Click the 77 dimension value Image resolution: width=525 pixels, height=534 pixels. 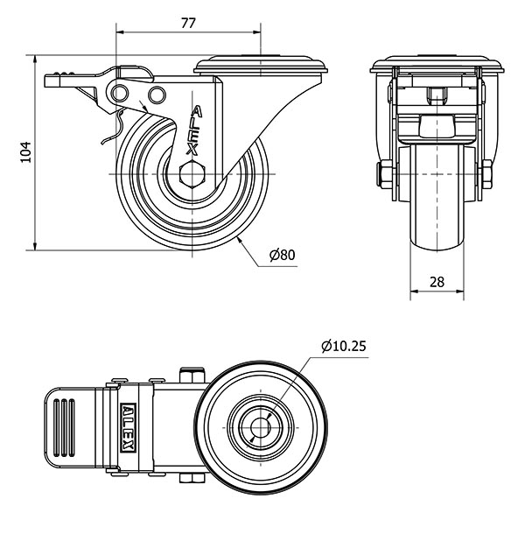[x=188, y=23]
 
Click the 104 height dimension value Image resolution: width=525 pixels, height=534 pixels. [x=25, y=152]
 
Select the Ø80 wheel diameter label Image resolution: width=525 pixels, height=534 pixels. [x=283, y=255]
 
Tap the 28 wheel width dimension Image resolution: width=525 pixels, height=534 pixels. [x=437, y=282]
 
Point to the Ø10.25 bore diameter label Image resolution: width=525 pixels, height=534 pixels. [x=344, y=346]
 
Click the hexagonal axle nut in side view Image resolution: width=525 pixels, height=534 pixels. [x=192, y=174]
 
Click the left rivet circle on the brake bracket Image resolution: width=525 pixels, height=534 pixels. [x=120, y=93]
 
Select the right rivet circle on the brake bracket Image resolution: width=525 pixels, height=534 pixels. [x=157, y=95]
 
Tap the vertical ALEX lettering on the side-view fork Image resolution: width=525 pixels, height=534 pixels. [x=194, y=130]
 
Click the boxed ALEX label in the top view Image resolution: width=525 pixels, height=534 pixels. [x=129, y=428]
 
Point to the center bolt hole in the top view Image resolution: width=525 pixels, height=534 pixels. [x=261, y=427]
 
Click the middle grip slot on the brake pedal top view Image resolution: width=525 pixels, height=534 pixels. [x=64, y=428]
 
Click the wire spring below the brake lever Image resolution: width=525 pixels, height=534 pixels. [x=115, y=127]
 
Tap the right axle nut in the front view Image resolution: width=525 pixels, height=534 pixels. [x=487, y=174]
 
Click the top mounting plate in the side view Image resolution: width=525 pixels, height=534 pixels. [x=261, y=66]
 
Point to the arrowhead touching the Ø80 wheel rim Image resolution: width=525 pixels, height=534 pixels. [x=239, y=241]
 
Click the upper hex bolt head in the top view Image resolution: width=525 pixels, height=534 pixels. [x=192, y=375]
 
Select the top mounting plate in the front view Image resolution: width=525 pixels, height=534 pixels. [x=437, y=66]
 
